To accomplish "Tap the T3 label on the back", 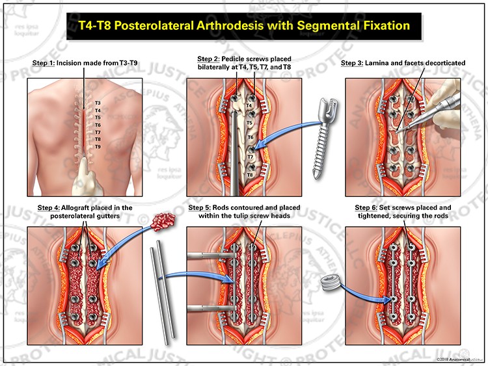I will (98, 103).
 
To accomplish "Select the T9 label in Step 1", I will (98, 147).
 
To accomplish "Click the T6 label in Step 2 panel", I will (250, 137).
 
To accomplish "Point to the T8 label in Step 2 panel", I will (250, 176).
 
